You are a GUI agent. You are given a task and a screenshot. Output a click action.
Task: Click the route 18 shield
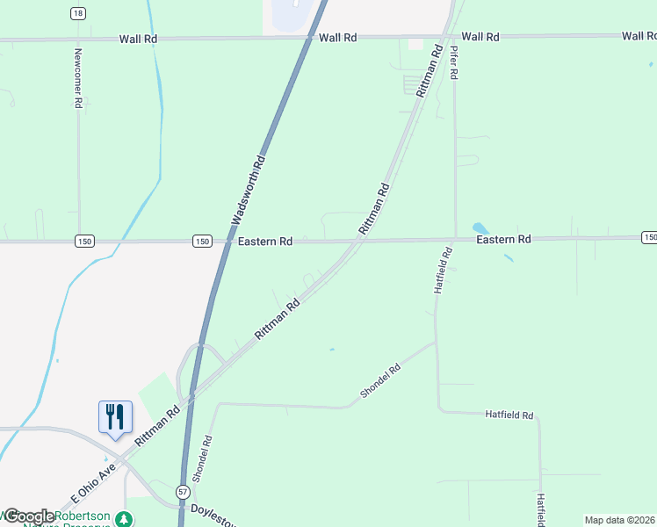[x=79, y=13]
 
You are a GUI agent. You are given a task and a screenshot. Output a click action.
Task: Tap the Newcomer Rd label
[x=77, y=77]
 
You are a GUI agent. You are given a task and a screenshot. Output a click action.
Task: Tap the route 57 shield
[x=182, y=492]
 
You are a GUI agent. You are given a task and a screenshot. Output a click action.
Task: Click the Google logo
[x=28, y=516]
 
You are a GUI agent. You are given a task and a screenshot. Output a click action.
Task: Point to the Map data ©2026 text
[x=620, y=520]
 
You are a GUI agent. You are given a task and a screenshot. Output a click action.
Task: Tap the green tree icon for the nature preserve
[x=126, y=519]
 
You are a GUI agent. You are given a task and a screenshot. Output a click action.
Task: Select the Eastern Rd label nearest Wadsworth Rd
[x=264, y=242]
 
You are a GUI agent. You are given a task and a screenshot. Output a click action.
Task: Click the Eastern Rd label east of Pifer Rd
[x=503, y=239]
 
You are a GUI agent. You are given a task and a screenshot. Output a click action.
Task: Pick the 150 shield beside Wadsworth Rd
[x=202, y=242]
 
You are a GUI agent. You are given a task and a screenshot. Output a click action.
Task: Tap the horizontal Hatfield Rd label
[x=509, y=414]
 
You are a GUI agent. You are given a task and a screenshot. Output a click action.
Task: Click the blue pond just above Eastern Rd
[x=480, y=227]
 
